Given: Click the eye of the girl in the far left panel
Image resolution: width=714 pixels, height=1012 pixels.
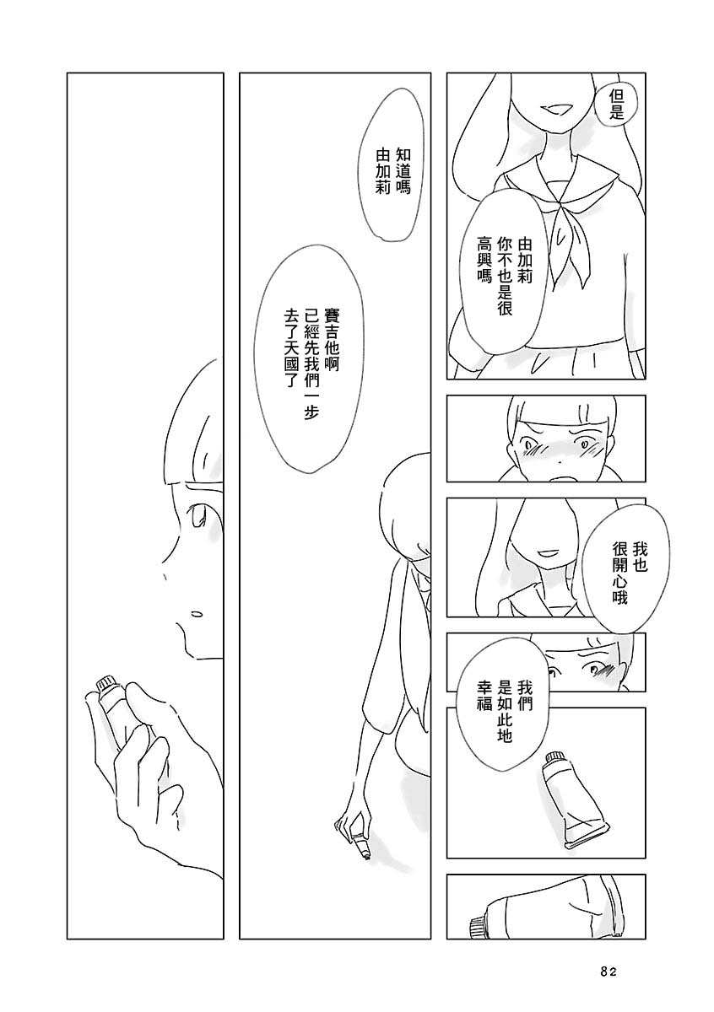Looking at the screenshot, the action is [199, 516].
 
